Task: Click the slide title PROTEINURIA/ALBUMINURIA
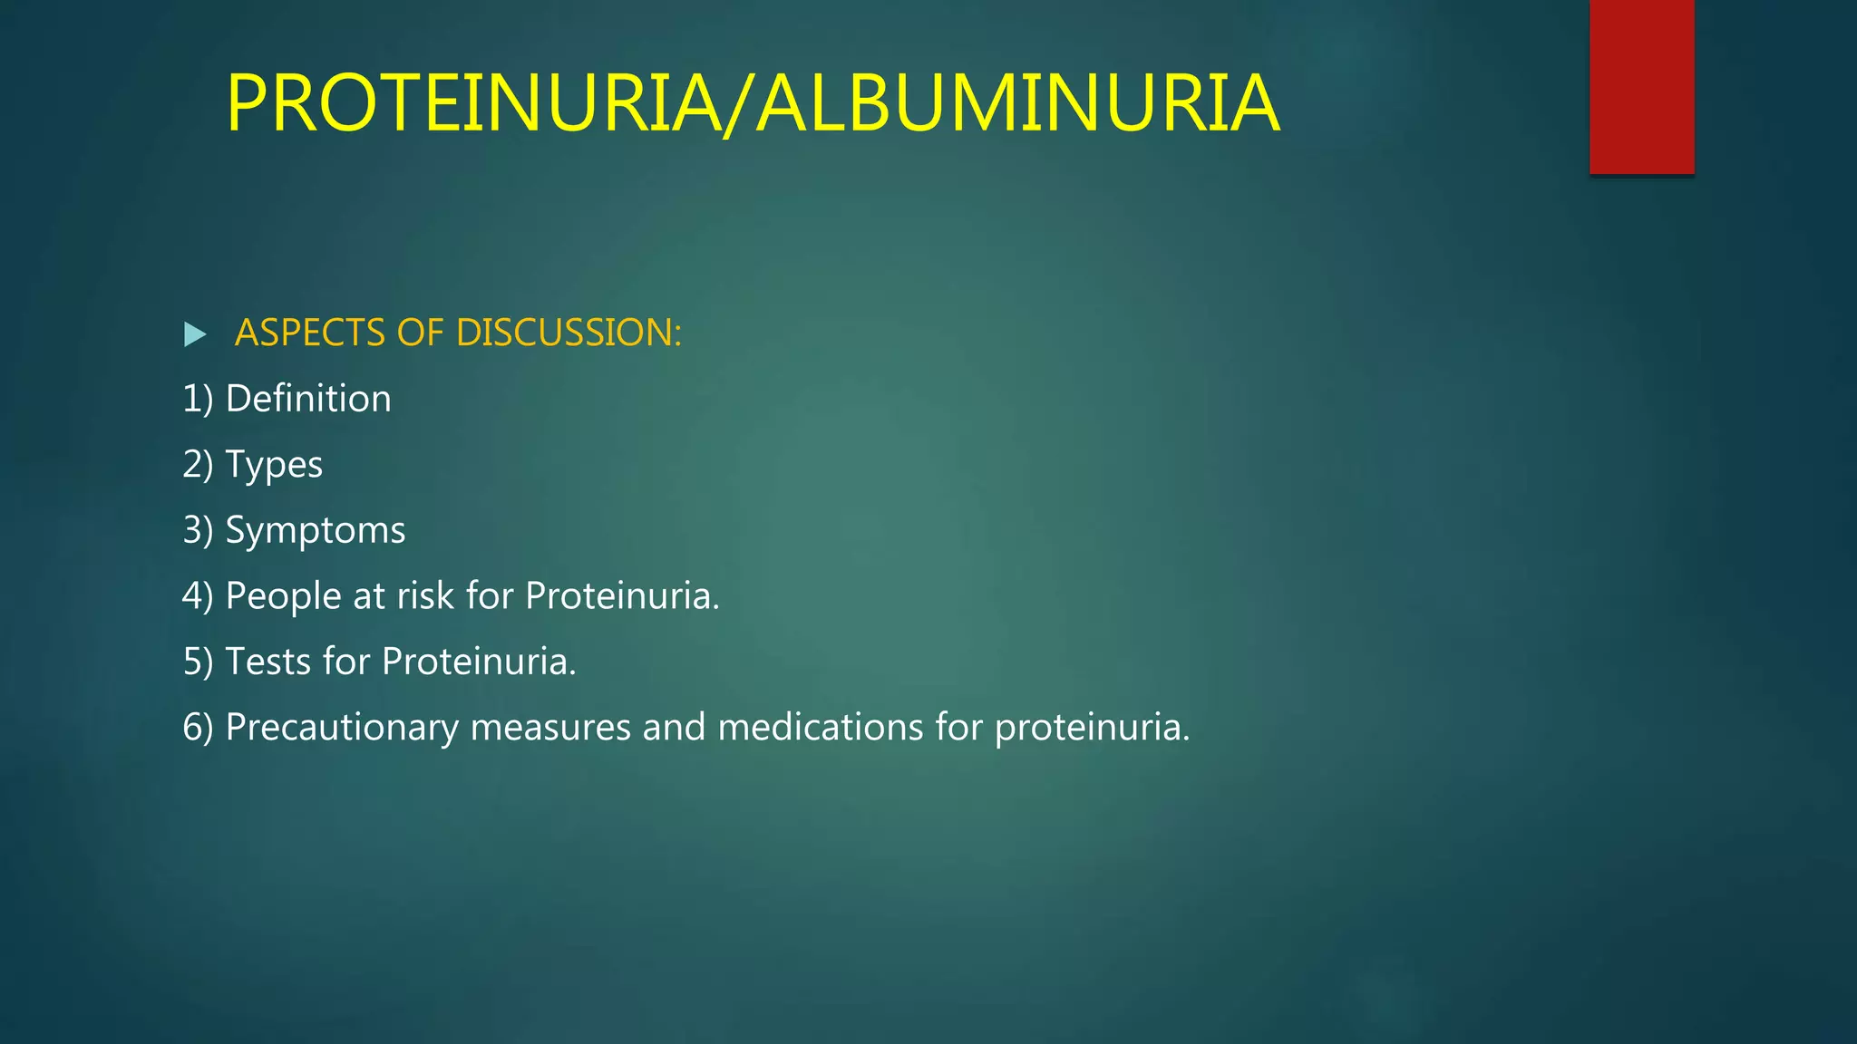click(x=753, y=103)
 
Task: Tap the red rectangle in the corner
click(x=1641, y=86)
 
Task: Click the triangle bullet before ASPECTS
click(x=194, y=334)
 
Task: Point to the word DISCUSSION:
click(x=569, y=333)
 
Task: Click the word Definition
click(x=308, y=399)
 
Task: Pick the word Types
click(x=274, y=465)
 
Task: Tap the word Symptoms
click(x=316, y=531)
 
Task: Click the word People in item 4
click(x=283, y=596)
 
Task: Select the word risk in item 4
click(x=425, y=596)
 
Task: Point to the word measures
click(x=550, y=728)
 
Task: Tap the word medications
click(x=820, y=728)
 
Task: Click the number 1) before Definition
click(x=198, y=399)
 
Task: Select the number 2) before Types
click(x=198, y=465)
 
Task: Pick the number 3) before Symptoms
click(x=198, y=531)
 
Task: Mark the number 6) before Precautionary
click(x=198, y=728)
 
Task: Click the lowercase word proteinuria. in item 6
click(x=1092, y=728)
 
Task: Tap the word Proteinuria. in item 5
click(x=479, y=662)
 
